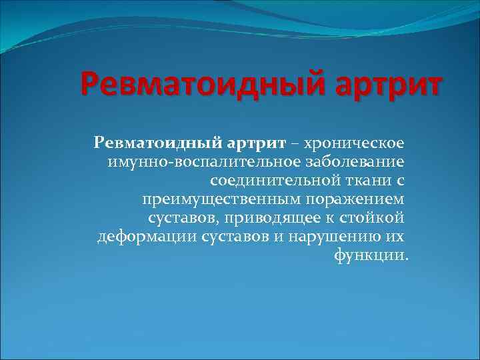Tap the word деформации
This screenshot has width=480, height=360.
[x=146, y=237]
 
